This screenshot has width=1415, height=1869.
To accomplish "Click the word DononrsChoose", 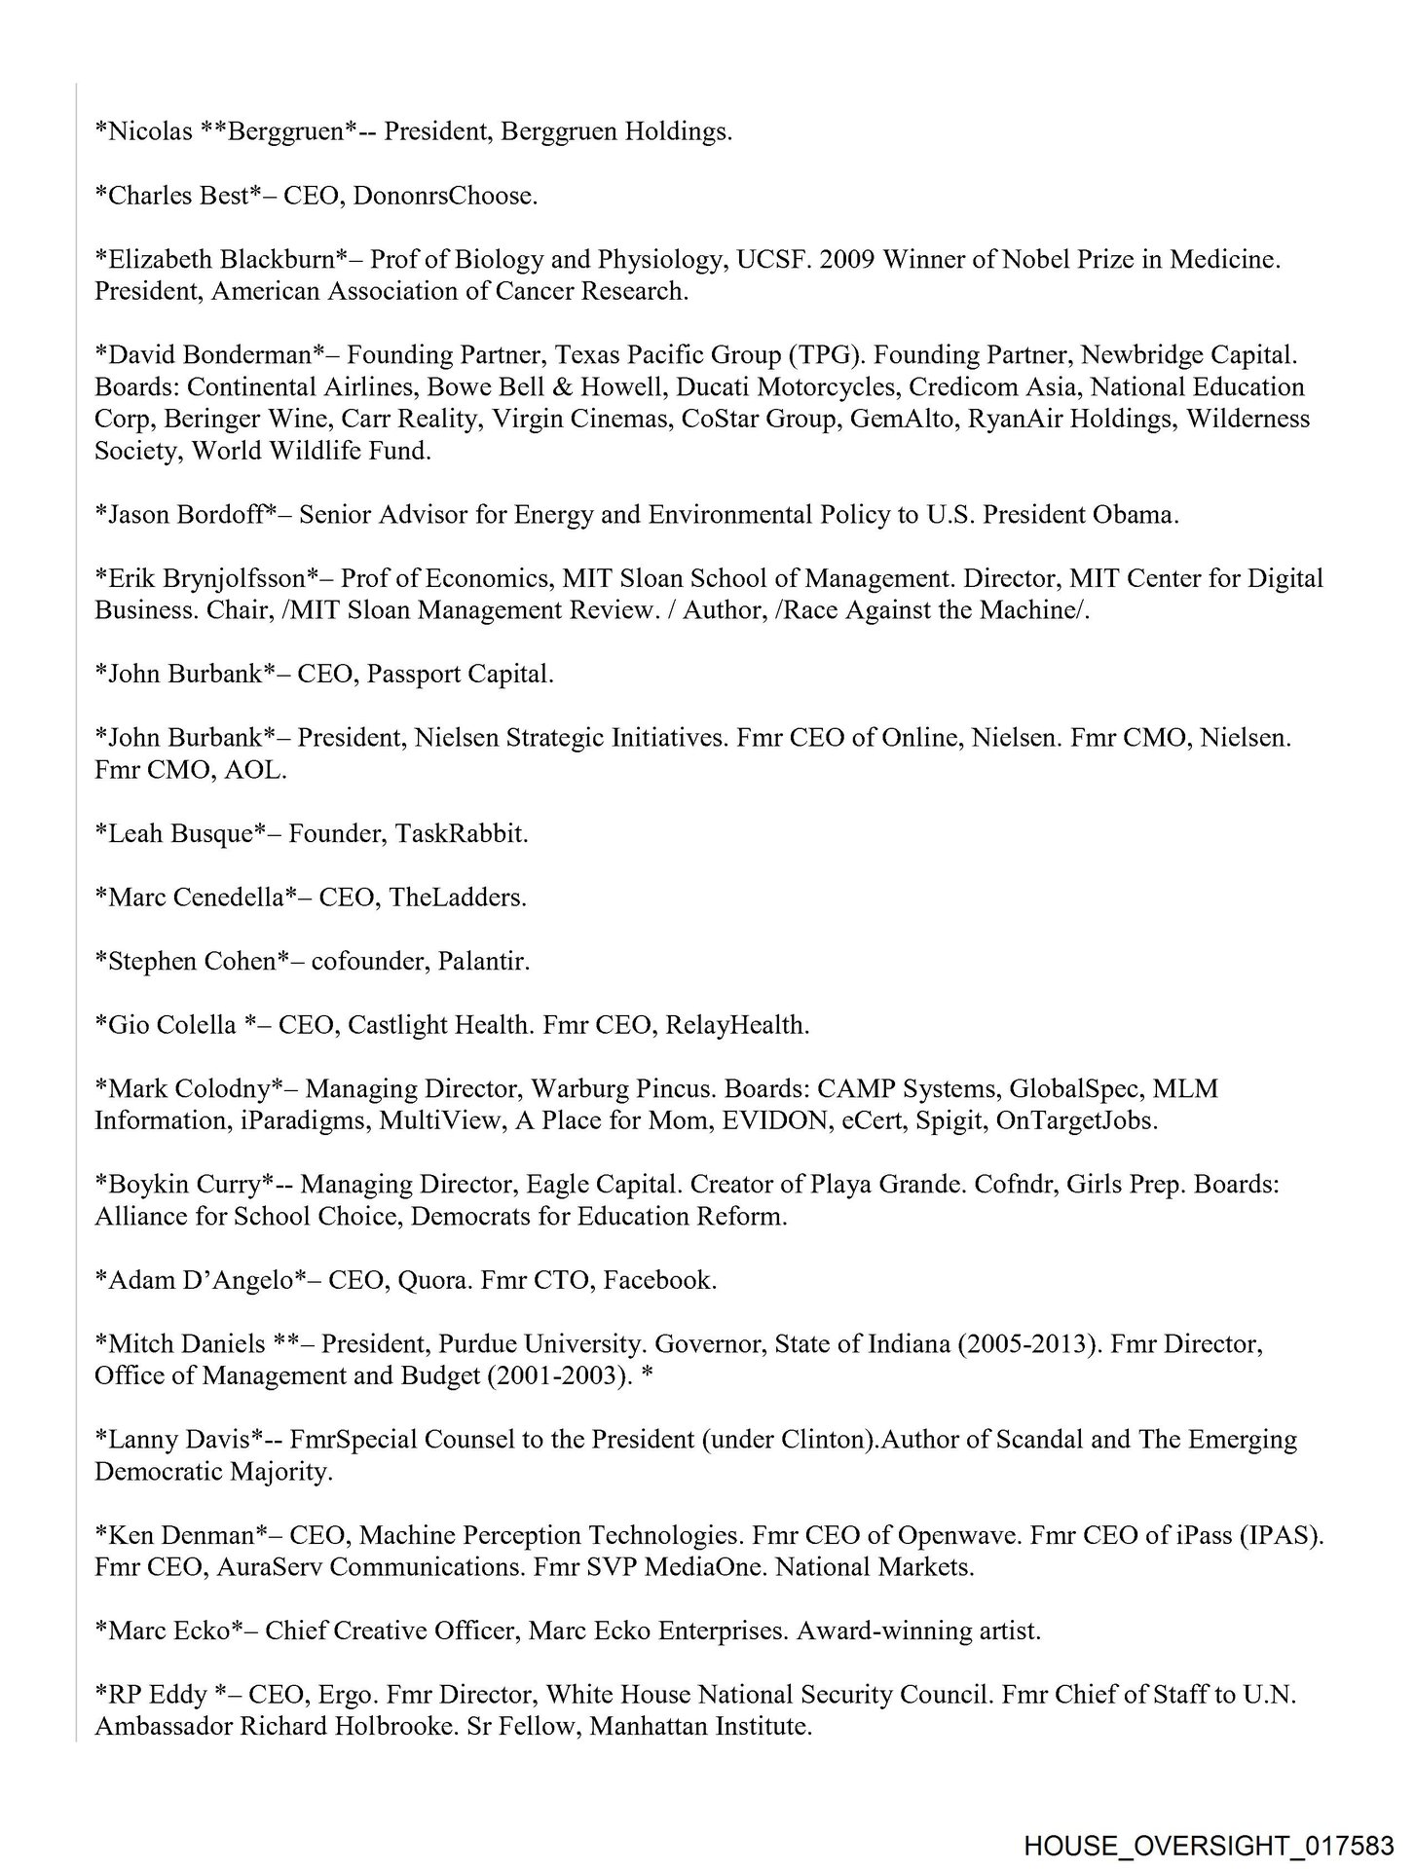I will click(x=445, y=196).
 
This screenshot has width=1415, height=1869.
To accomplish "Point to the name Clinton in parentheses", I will click(x=825, y=1440).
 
